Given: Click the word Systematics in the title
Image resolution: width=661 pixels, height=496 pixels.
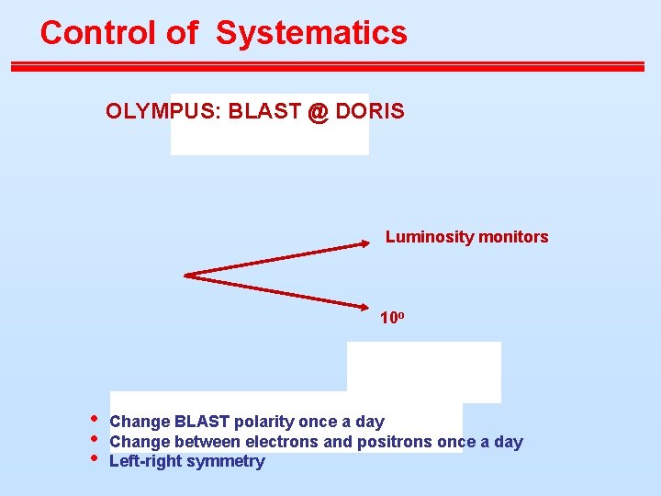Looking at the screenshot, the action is click(x=311, y=33).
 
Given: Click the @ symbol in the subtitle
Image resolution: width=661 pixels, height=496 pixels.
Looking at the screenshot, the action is click(x=318, y=112).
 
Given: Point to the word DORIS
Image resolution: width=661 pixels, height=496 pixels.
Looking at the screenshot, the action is click(x=369, y=111).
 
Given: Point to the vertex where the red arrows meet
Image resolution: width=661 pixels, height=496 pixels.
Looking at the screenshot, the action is click(x=186, y=274).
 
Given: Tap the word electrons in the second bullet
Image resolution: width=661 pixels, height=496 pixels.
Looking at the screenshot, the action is click(x=297, y=442).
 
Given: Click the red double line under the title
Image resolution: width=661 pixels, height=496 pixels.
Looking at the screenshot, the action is click(x=328, y=66).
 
